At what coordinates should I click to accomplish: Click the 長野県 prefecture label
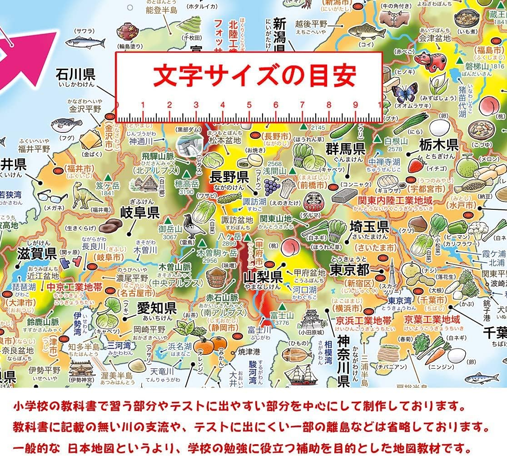tap(229, 177)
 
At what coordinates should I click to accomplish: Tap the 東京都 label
tap(350, 269)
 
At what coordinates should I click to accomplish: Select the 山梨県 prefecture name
tap(263, 276)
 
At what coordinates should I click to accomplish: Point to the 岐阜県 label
tap(139, 212)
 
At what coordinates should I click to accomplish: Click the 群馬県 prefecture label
tap(346, 148)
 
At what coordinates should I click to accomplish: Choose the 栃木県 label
tap(438, 145)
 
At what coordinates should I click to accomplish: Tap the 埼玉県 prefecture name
tap(369, 226)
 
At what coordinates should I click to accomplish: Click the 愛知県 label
tap(156, 308)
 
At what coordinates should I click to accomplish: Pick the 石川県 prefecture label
tap(76, 74)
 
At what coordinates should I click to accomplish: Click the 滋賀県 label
tap(37, 253)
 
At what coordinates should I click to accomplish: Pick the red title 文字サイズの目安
tap(254, 76)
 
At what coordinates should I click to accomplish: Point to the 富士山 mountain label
tap(282, 315)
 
